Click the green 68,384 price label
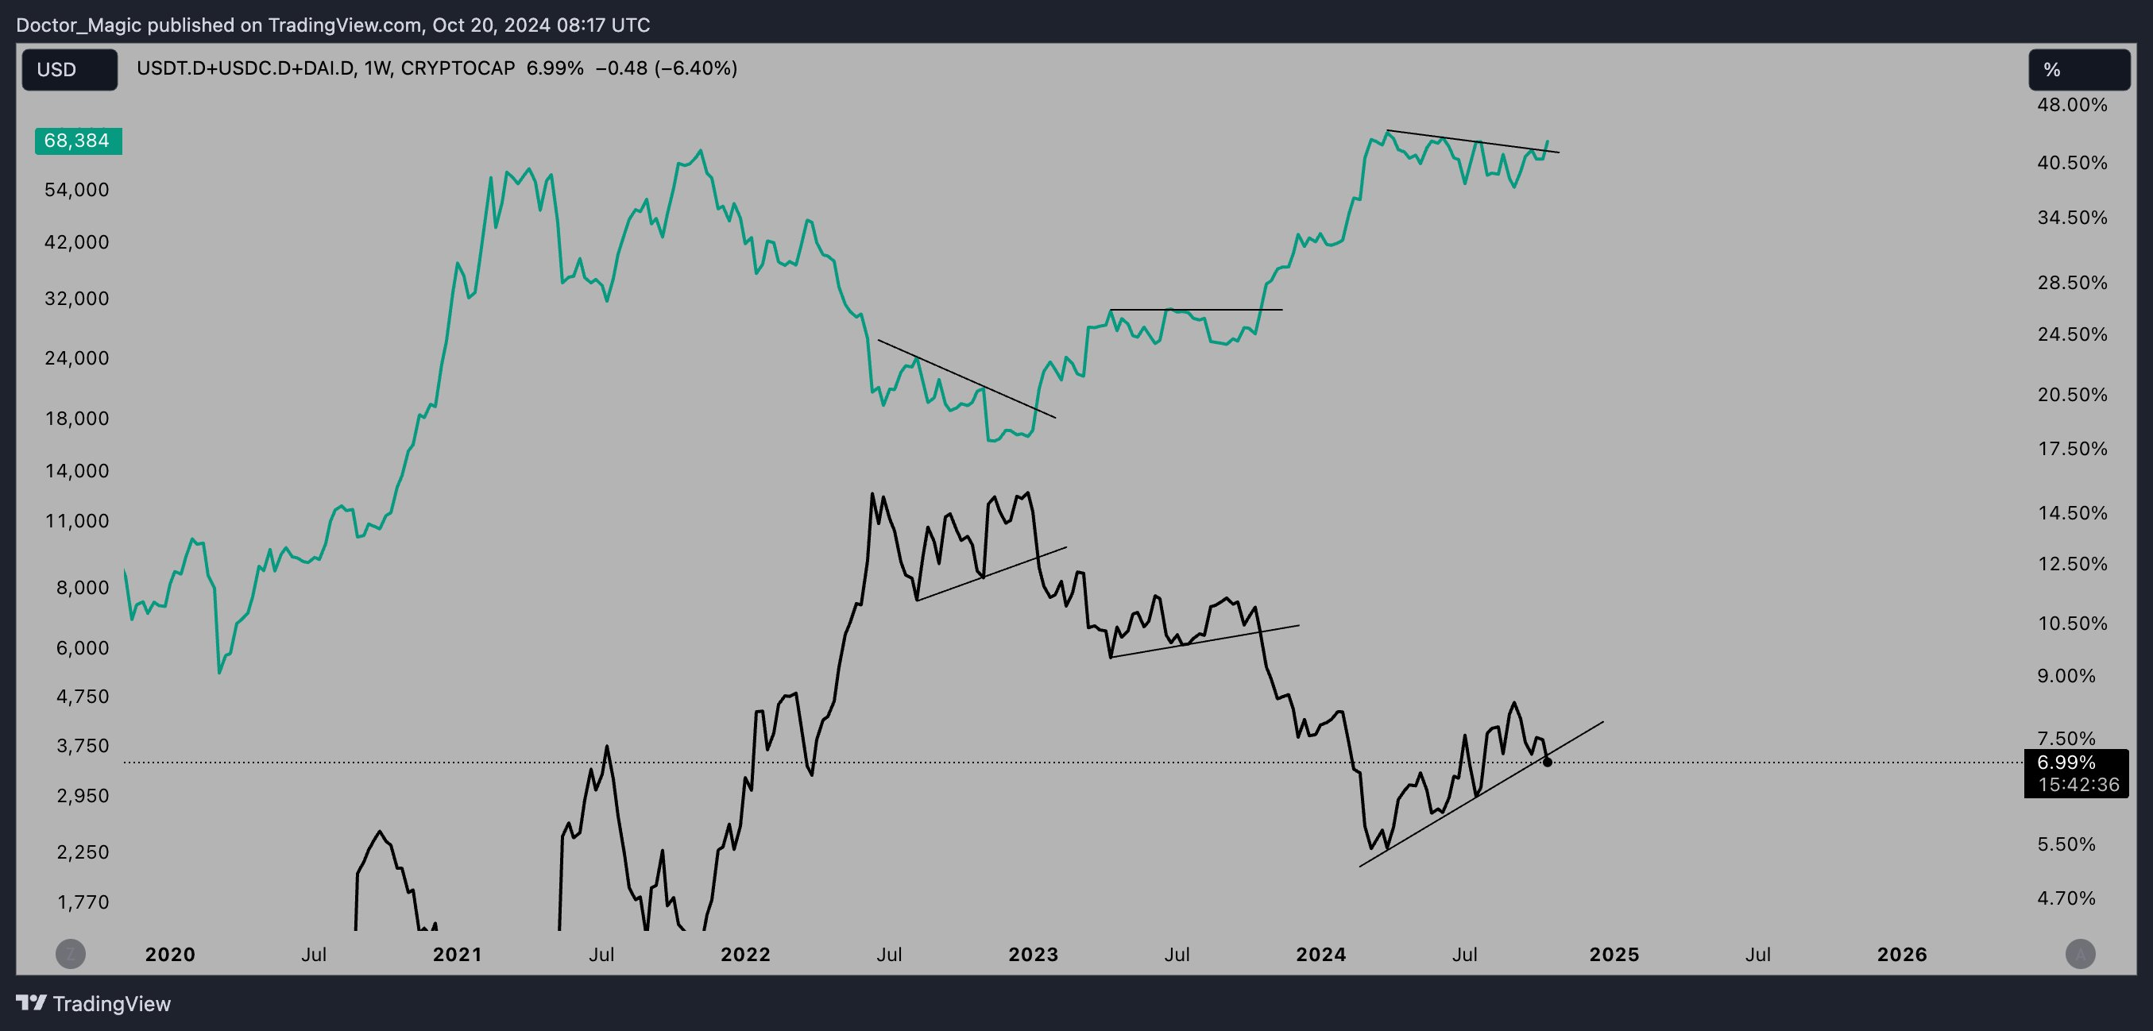(78, 141)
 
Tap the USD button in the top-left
(69, 69)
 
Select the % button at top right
(2078, 69)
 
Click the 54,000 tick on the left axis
(76, 190)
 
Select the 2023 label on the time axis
(1033, 954)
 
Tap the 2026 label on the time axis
(1901, 954)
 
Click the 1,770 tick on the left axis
(83, 902)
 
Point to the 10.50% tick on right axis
(2072, 624)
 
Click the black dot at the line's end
(1547, 762)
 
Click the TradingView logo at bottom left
(94, 1003)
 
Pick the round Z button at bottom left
(71, 953)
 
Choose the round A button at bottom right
(2080, 953)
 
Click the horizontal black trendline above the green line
(1195, 310)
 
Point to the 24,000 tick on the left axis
(76, 358)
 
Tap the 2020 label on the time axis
(170, 954)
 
